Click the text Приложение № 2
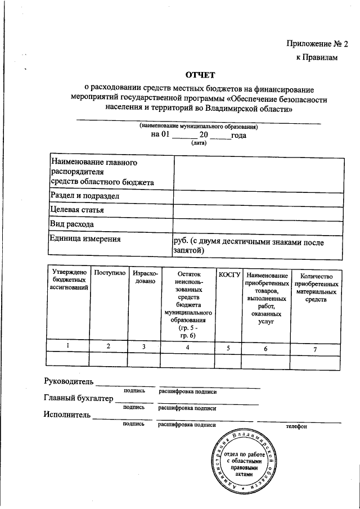click(317, 43)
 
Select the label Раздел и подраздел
click(85, 196)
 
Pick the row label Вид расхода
click(72, 224)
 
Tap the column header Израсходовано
click(145, 277)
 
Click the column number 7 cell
click(315, 349)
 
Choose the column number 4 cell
click(188, 348)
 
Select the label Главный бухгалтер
click(78, 399)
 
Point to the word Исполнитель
click(67, 416)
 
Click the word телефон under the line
click(296, 426)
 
